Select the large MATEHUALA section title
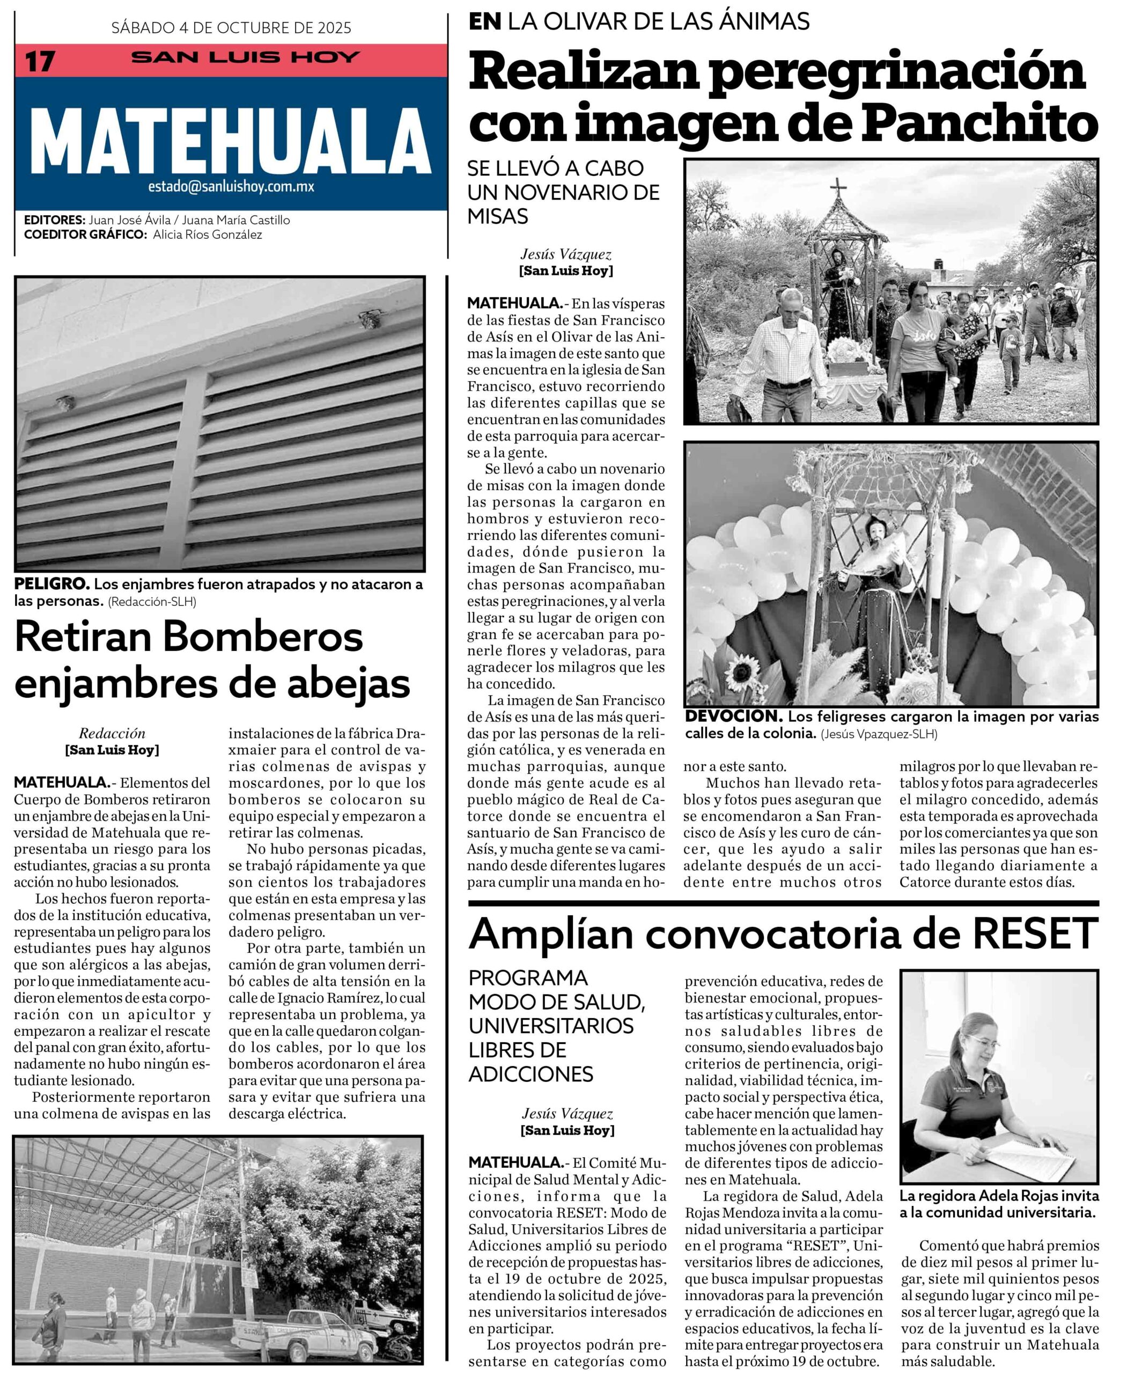tap(231, 140)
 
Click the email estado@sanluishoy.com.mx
tap(231, 186)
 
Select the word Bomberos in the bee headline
tap(263, 637)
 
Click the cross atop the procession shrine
tap(838, 191)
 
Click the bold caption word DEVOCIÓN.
tap(733, 717)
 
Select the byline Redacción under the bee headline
tap(112, 734)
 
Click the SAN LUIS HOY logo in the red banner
tap(245, 57)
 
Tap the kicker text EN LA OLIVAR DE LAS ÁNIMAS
tap(639, 21)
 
